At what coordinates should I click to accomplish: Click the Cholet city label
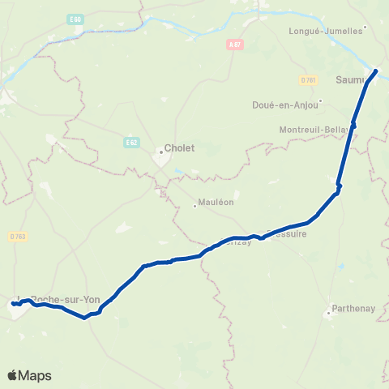(x=180, y=148)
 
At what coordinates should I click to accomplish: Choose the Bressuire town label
(x=287, y=232)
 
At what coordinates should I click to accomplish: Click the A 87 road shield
(x=234, y=45)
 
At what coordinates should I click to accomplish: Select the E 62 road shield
(x=131, y=143)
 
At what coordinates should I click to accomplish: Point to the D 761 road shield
(x=308, y=80)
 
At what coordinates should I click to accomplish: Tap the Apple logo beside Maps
(x=12, y=375)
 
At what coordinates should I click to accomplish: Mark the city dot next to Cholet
(x=160, y=148)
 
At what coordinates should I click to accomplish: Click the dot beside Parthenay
(x=330, y=310)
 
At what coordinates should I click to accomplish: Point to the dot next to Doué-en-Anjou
(x=320, y=101)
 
